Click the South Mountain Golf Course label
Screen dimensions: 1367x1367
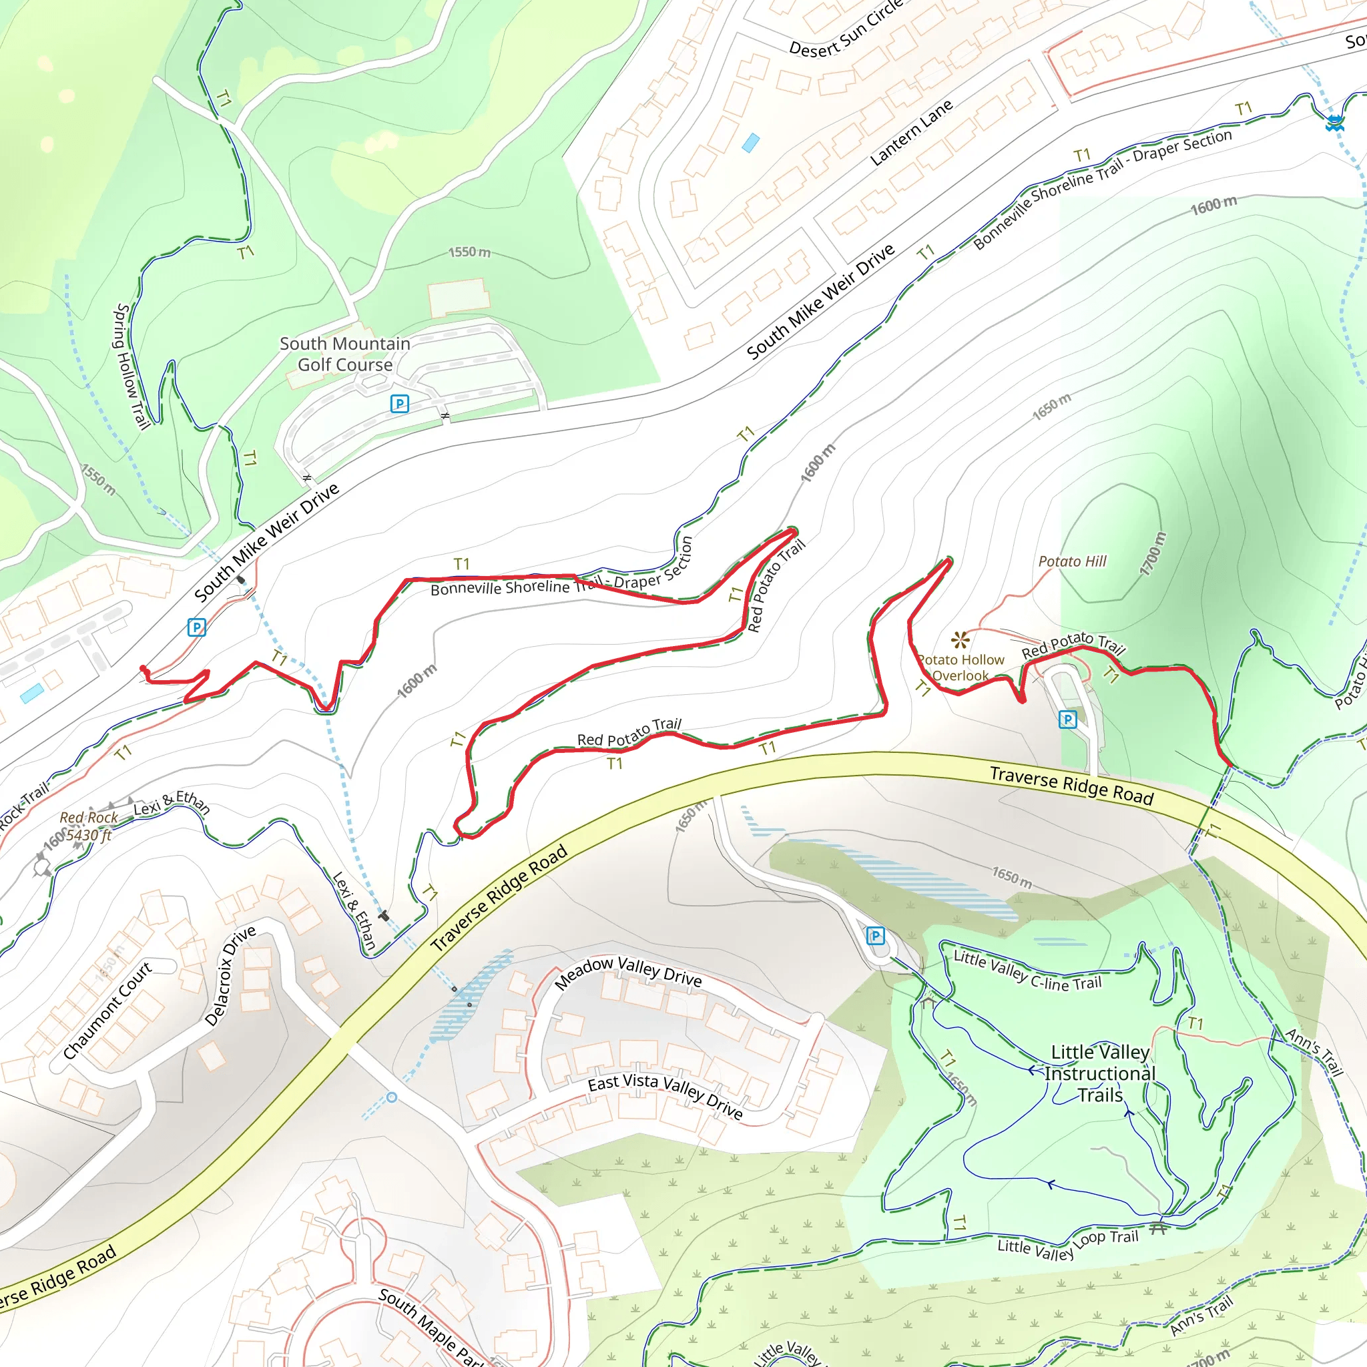(x=344, y=354)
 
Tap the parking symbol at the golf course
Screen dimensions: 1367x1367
(x=399, y=403)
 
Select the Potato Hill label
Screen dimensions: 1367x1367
(x=1072, y=561)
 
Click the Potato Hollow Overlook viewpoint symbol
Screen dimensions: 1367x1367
(x=960, y=639)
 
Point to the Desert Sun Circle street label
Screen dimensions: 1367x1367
(x=846, y=30)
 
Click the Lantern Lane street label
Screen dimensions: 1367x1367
(x=910, y=133)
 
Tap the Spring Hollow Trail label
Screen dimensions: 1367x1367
(x=131, y=366)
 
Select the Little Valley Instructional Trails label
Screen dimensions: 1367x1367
(x=1099, y=1073)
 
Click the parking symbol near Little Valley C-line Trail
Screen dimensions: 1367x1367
(x=875, y=936)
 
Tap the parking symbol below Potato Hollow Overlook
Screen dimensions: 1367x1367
(x=1067, y=720)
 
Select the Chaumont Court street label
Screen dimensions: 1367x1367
(x=107, y=1010)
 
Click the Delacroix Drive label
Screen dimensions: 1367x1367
(x=230, y=976)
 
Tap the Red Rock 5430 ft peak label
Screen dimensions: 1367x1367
(x=89, y=826)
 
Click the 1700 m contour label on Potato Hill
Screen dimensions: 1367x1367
(x=1153, y=554)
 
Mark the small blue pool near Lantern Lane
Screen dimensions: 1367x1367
(x=750, y=144)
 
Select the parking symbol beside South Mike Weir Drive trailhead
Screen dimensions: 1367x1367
(x=196, y=627)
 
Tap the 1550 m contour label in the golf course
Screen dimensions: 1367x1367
(x=469, y=252)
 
